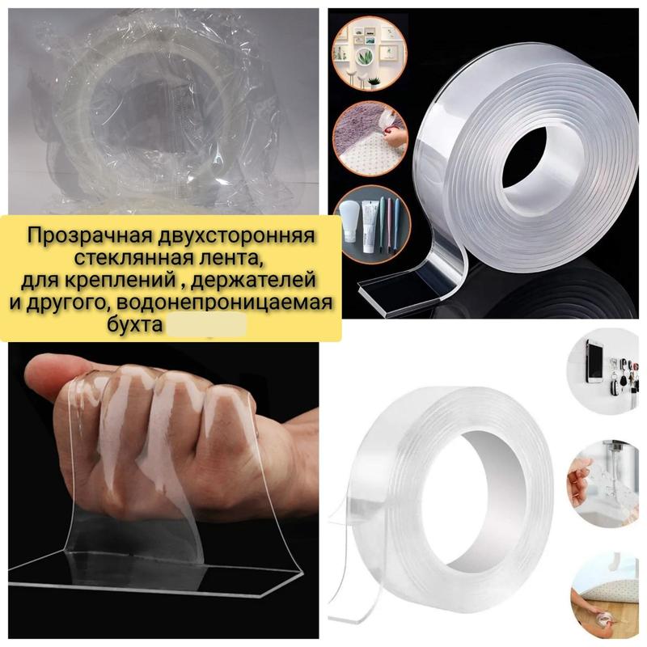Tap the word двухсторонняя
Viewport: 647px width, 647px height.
[235, 236]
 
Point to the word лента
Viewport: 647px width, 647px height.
[231, 258]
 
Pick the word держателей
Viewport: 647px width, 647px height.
[254, 280]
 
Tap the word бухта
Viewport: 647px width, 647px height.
[134, 325]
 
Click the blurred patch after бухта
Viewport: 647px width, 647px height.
[206, 324]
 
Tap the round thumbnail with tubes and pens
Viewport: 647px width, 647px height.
[372, 225]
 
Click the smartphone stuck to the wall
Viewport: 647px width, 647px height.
[594, 360]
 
